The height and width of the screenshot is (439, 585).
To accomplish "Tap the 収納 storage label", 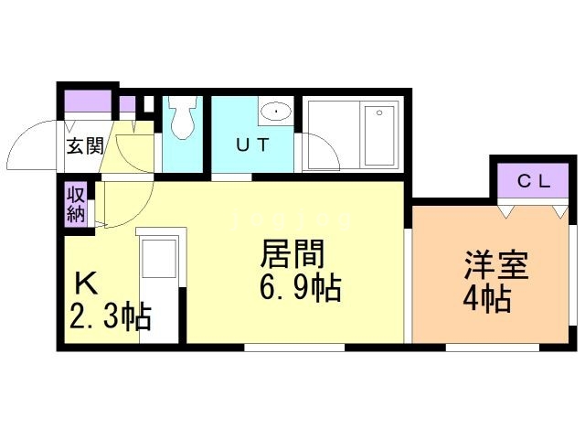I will [x=76, y=206].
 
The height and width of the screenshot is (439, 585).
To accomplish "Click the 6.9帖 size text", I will [x=301, y=290].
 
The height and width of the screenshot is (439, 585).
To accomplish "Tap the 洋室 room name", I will [x=495, y=266].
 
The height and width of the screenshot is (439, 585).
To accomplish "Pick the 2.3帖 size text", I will [x=110, y=317].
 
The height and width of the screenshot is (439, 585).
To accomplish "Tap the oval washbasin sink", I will [x=274, y=113].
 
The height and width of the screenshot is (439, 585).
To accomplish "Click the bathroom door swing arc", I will [x=318, y=149].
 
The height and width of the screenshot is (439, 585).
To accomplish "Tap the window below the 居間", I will [x=294, y=348].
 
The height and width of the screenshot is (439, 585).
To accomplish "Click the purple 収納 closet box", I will [x=76, y=206].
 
